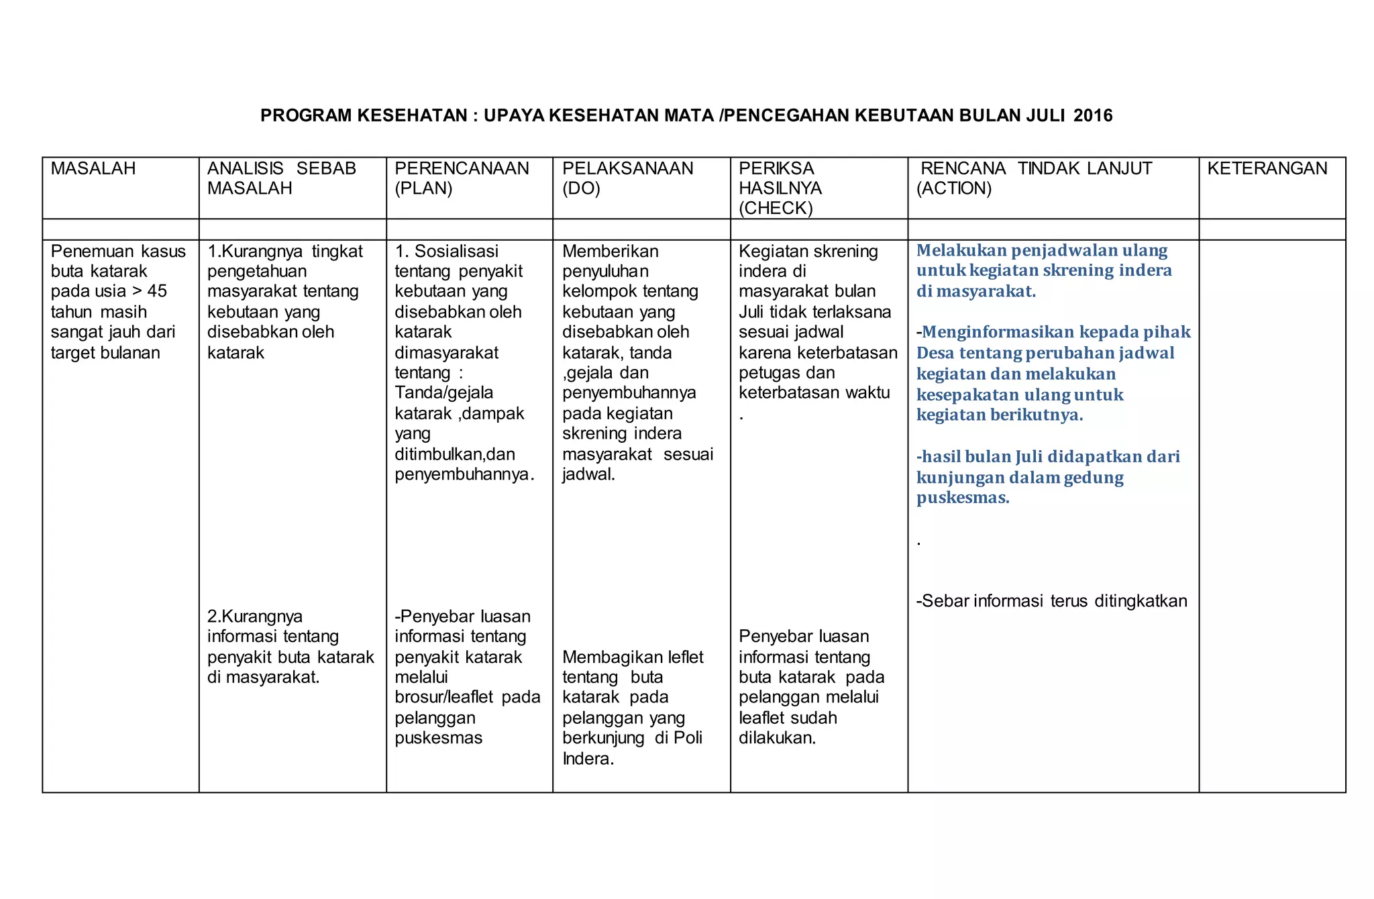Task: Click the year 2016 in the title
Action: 1093,115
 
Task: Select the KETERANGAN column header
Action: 1267,168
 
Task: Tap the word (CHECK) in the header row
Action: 776,208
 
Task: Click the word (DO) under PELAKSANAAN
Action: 581,189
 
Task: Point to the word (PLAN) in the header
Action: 423,189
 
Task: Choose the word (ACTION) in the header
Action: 953,189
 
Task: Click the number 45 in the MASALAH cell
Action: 157,291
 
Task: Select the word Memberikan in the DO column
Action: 610,252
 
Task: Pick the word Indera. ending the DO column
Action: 588,759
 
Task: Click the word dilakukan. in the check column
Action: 777,738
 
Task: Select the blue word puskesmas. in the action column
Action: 962,498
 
